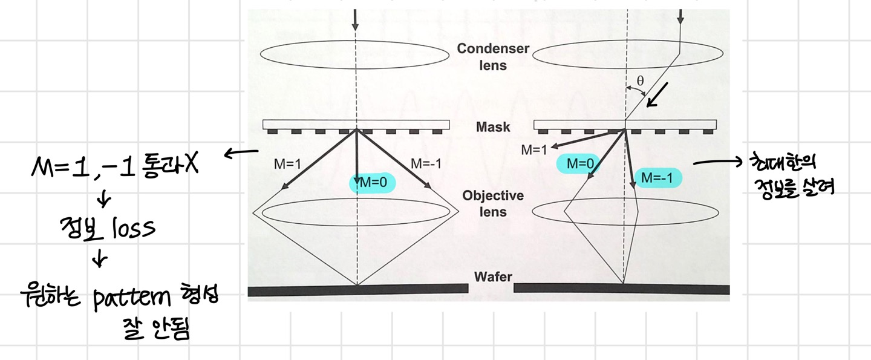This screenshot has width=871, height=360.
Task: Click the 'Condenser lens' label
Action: click(x=493, y=56)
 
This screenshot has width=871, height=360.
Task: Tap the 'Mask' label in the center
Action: click(x=493, y=128)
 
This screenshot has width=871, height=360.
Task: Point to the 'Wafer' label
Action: click(x=493, y=277)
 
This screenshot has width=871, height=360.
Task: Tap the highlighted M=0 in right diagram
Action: click(x=579, y=163)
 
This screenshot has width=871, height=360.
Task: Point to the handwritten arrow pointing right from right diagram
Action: click(x=719, y=162)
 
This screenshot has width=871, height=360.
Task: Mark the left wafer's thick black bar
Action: click(x=357, y=290)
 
